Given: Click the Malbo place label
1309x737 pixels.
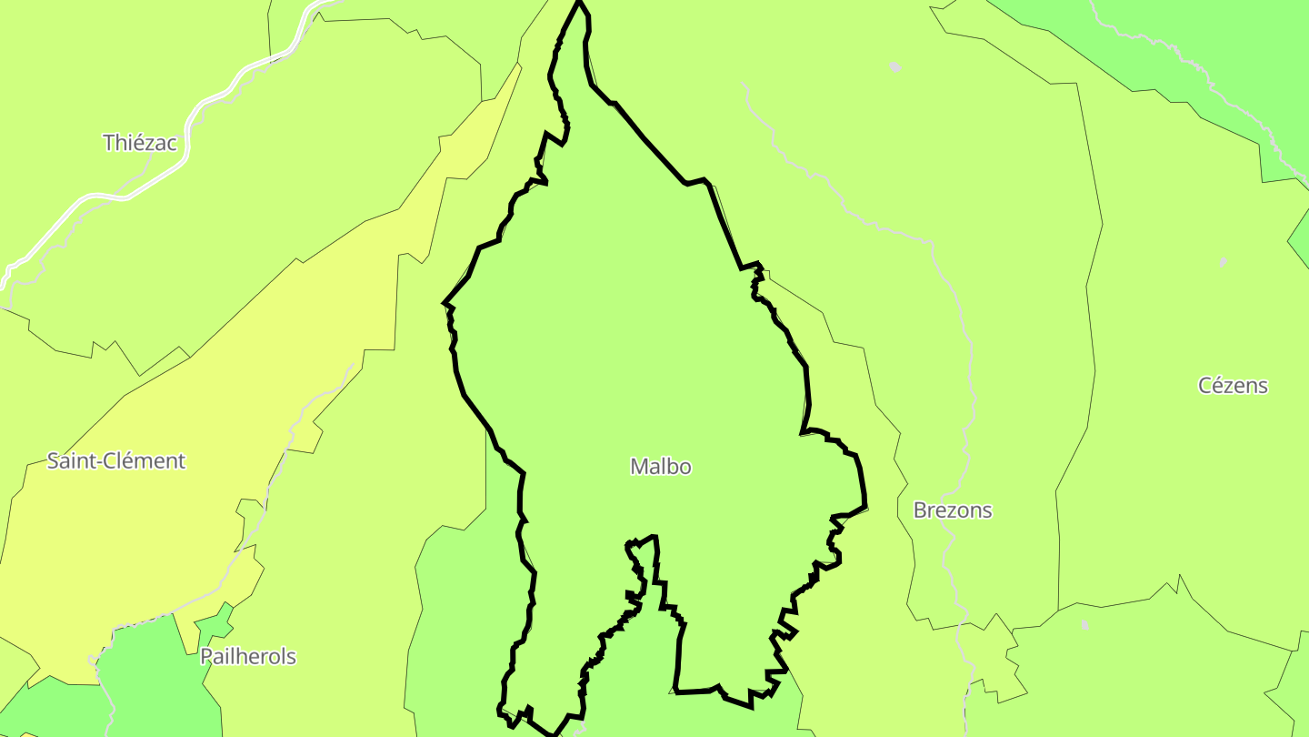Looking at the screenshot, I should click(661, 467).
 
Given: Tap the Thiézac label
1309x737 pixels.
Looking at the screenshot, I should click(140, 143).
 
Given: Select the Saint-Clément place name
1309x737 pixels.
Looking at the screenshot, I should click(115, 461).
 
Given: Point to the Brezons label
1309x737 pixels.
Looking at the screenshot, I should click(952, 510).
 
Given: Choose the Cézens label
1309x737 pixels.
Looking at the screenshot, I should click(1233, 386).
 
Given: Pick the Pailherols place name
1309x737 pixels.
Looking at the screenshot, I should click(247, 657).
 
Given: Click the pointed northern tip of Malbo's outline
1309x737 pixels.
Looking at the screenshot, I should click(579, 3).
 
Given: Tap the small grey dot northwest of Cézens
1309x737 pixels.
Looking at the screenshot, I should click(1223, 262).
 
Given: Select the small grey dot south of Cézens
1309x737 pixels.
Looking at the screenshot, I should click(1084, 625).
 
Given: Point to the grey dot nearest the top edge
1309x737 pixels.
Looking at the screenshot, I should click(894, 66).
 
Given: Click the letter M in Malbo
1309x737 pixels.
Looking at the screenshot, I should click(639, 467).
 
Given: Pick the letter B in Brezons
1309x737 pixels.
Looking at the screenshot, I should click(920, 510).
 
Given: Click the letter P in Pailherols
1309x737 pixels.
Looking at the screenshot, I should click(206, 657).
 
